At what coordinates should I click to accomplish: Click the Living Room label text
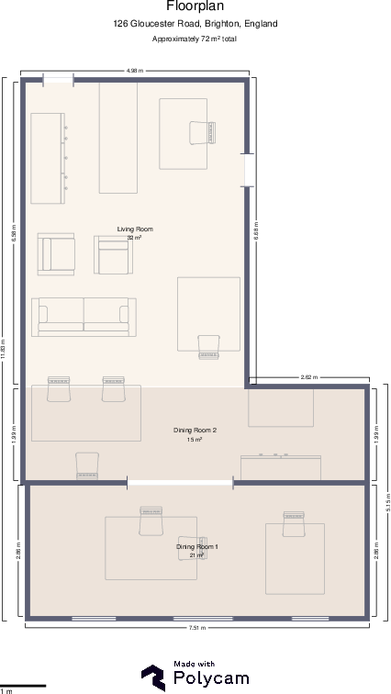pos(135,229)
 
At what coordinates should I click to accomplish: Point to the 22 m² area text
pos(134,238)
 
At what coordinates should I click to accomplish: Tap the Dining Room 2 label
pos(195,430)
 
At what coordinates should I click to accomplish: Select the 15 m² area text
pos(195,440)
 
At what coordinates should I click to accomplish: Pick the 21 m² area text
pos(196,555)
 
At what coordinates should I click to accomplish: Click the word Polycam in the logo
pos(209,678)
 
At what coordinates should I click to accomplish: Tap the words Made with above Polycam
pos(194,664)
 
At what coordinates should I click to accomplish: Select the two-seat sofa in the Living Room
pos(84,317)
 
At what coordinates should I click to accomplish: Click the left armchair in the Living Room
pos(56,253)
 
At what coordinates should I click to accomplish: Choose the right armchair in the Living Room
pos(113,254)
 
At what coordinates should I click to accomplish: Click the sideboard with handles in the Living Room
pos(48,158)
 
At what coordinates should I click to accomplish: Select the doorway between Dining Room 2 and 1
pos(180,482)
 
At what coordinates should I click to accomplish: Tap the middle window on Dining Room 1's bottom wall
pos(203,619)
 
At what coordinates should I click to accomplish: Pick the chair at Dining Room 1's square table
pos(294,524)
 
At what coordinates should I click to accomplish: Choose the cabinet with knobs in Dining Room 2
pos(281,466)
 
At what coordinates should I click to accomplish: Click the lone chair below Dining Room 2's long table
pos(87,465)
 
